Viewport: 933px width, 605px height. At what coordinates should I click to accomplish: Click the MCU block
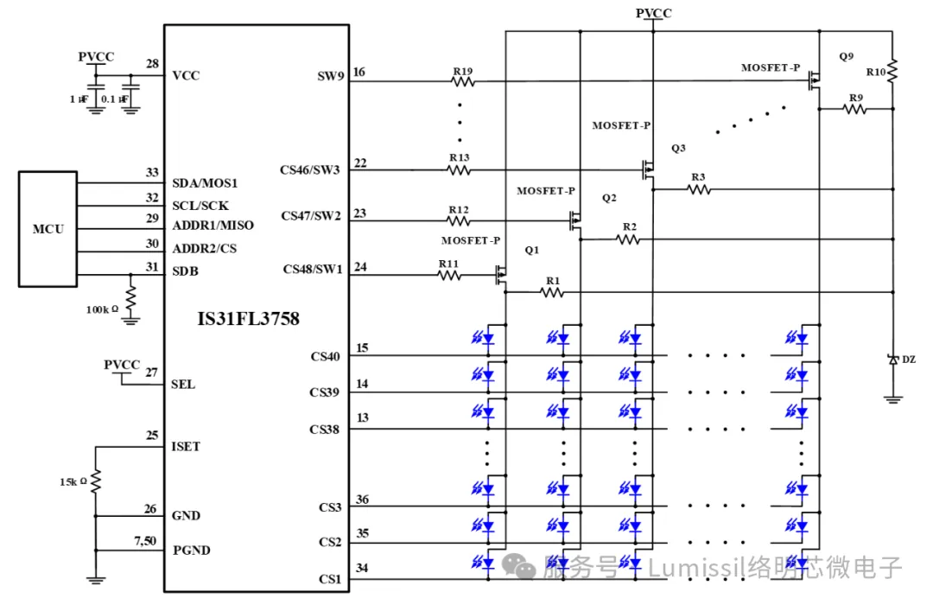point(48,229)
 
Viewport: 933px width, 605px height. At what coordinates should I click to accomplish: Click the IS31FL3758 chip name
point(249,319)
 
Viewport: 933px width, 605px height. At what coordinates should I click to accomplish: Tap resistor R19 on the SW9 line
point(463,81)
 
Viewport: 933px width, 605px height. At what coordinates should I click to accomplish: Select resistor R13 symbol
point(460,170)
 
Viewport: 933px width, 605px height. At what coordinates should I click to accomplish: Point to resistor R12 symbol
point(460,222)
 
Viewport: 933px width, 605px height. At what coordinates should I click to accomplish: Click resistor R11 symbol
point(449,275)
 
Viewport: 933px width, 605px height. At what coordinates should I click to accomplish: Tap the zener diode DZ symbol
point(893,360)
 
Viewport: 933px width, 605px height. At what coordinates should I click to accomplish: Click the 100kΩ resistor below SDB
point(130,299)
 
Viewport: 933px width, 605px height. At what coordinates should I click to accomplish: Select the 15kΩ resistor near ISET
point(96,479)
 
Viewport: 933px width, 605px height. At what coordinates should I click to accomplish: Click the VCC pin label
point(186,75)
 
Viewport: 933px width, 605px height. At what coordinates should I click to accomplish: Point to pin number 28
point(152,64)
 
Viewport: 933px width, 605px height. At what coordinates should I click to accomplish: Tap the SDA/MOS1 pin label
point(205,183)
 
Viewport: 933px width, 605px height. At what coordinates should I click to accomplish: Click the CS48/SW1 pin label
point(313,269)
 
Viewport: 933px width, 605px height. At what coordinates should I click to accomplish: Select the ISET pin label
point(186,447)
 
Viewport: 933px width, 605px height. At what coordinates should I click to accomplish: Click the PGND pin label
point(191,551)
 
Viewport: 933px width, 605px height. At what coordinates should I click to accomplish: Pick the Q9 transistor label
point(846,56)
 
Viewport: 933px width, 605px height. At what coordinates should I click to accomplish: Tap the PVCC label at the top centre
point(653,13)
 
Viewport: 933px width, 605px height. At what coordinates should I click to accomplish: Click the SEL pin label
point(183,384)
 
